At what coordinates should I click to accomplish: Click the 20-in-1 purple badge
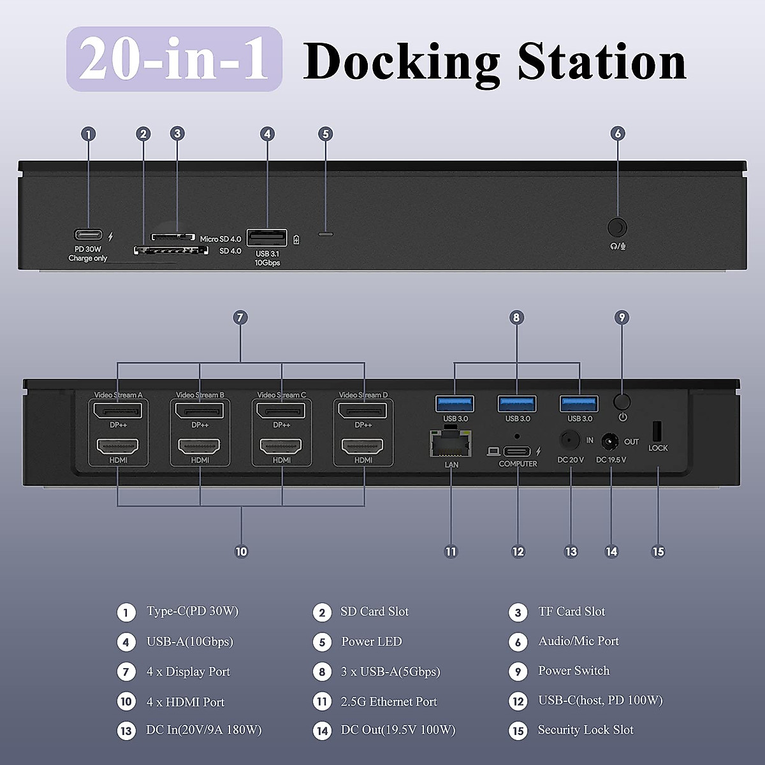pos(174,59)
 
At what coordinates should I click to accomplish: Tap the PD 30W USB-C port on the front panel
pos(88,235)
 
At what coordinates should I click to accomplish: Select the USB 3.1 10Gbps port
pos(266,237)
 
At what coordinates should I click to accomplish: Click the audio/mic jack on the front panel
pos(616,228)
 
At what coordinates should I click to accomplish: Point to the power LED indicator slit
pos(326,234)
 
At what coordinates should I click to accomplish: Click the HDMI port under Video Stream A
pos(118,446)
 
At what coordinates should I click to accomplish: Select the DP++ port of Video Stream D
pos(363,411)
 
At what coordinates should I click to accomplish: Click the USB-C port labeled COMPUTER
pos(516,451)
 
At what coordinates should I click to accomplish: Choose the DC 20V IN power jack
pos(569,441)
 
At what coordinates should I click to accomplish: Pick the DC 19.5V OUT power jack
pos(611,442)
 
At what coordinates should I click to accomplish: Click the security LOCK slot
pos(657,432)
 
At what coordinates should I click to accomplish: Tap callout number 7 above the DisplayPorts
pos(240,317)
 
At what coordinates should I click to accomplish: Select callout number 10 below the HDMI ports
pos(241,551)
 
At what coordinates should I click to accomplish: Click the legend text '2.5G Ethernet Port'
pos(389,701)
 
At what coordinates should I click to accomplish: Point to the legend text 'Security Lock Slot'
pos(585,730)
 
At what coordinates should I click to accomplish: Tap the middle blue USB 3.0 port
pos(517,404)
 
